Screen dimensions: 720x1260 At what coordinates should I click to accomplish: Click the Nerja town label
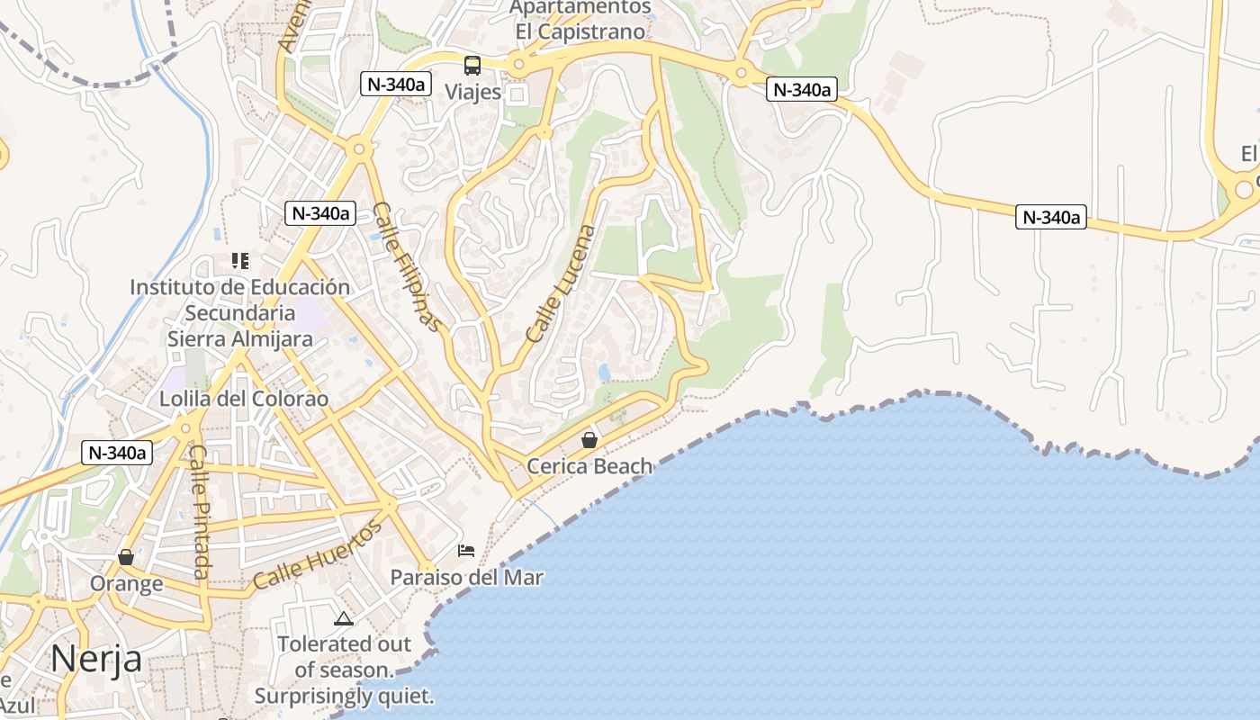tap(96, 660)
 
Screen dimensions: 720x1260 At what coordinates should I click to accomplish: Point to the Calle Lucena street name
tap(562, 283)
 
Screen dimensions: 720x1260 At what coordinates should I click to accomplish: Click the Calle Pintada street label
tap(199, 513)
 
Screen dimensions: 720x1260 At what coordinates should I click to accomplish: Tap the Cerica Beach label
tap(589, 466)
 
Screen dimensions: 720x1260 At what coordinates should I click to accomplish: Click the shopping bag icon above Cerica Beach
tap(589, 440)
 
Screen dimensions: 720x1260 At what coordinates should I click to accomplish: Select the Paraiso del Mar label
tap(466, 577)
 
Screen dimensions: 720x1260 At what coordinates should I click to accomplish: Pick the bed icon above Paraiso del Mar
tap(466, 551)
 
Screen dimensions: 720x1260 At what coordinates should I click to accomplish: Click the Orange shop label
tap(126, 583)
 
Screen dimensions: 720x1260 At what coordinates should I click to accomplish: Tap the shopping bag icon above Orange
tap(126, 557)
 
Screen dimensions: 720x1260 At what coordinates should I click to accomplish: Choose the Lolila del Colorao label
tap(244, 399)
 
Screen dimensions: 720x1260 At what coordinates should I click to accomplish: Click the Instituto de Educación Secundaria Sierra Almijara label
tap(240, 313)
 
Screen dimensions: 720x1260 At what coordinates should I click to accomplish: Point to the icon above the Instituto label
tap(240, 261)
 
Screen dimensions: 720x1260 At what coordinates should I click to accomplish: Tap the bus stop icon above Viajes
tap(472, 65)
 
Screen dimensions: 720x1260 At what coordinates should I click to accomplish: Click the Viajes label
tap(472, 92)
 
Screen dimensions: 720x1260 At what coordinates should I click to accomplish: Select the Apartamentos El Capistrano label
tap(580, 19)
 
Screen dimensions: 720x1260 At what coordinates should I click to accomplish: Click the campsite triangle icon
tap(343, 618)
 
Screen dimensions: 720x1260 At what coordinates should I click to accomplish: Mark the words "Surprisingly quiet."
tap(344, 696)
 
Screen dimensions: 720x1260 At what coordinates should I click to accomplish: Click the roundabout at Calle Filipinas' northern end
tap(359, 148)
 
